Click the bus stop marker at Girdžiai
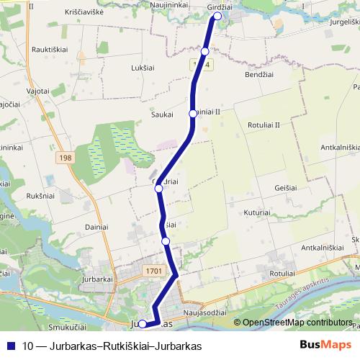pos(217,15)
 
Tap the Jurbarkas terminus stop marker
pos(143,324)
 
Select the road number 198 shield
pos(67,158)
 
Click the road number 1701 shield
pos(153,271)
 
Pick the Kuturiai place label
pos(256,213)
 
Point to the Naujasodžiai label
pos(205,313)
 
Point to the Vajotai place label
pos(37,91)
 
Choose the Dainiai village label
pos(96,227)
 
